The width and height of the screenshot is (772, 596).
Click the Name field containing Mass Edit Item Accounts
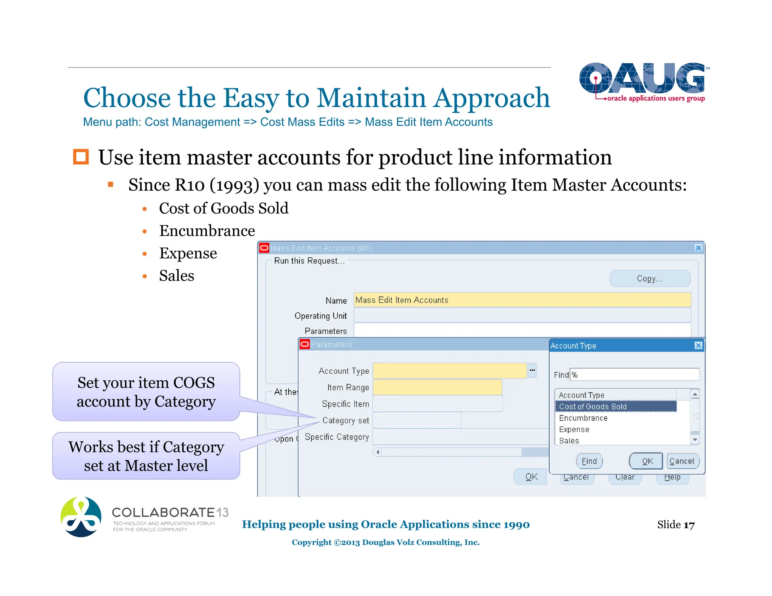(522, 300)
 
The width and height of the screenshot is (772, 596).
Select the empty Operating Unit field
(522, 315)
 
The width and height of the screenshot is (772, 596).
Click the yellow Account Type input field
(449, 371)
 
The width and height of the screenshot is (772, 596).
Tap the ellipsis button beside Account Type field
(532, 370)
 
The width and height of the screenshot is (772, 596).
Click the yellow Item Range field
(437, 387)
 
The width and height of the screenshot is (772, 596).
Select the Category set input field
(417, 420)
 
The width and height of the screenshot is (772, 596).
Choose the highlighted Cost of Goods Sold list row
(616, 407)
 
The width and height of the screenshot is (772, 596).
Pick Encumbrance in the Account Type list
(583, 418)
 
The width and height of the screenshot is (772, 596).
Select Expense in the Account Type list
(574, 429)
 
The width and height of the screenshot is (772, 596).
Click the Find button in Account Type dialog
(589, 461)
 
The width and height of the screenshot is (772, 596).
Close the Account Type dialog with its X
(698, 345)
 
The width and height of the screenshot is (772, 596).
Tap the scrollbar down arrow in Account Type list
(695, 440)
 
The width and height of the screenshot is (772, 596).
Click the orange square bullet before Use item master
(81, 157)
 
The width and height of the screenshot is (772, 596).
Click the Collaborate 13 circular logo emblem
(81, 517)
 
